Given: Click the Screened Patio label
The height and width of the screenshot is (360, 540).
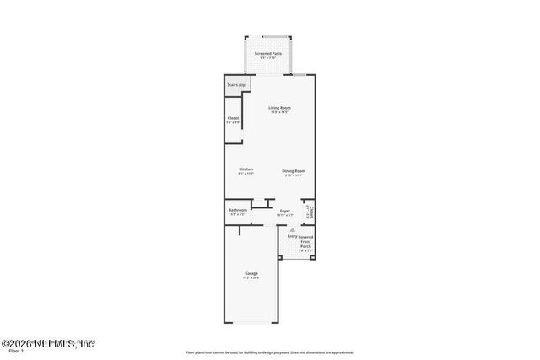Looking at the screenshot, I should [269, 53].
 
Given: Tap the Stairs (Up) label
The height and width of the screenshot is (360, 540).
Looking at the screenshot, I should [236, 85].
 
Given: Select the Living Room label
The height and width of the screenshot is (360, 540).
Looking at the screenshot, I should [280, 108].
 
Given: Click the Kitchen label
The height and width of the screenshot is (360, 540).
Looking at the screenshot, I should [246, 169].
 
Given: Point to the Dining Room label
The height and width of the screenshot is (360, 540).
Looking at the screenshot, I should [294, 170].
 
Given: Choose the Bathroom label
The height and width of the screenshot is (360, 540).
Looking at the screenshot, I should [238, 210].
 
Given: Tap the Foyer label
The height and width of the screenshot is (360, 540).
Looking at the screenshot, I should [285, 211].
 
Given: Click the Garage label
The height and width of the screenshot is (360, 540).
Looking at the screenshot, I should [251, 273].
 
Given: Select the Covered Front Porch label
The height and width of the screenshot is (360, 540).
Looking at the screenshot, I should [305, 241].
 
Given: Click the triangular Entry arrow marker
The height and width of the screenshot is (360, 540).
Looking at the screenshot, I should [293, 228].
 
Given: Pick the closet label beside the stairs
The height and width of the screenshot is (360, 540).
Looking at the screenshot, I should [234, 118].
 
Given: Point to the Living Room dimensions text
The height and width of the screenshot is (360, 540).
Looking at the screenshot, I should [280, 113].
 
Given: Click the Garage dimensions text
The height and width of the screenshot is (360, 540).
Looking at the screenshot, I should [251, 278].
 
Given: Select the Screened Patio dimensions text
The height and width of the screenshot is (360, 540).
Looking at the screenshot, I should [269, 58].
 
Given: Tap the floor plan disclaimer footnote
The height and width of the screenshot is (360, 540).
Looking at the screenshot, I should [270, 352].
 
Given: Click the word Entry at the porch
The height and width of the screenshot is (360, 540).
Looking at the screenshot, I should [292, 236].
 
